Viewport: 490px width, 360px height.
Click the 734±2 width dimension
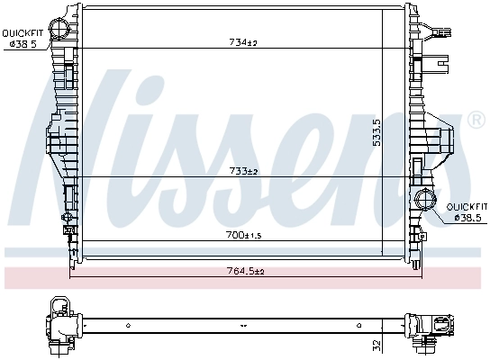240,42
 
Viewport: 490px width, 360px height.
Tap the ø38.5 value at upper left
23,45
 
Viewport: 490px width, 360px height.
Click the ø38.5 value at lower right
467,217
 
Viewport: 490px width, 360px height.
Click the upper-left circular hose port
60,30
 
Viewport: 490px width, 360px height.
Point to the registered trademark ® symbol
474,120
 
